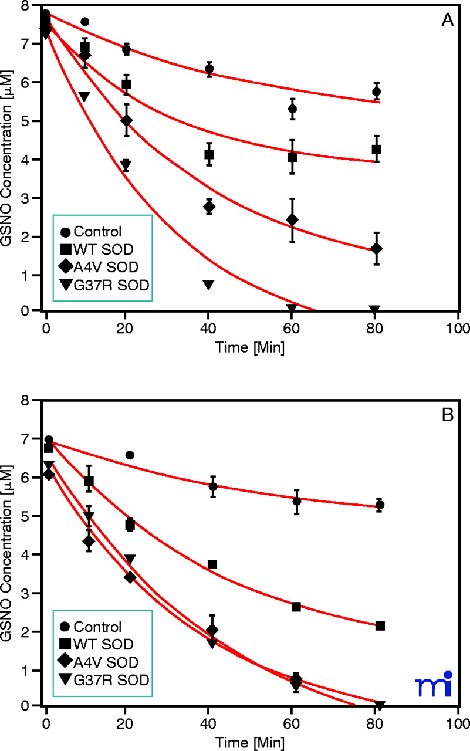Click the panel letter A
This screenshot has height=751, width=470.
tap(448, 21)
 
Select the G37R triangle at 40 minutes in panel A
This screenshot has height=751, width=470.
tap(208, 285)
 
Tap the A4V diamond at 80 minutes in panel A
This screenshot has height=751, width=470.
tap(376, 249)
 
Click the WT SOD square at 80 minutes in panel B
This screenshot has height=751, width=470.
tap(380, 626)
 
